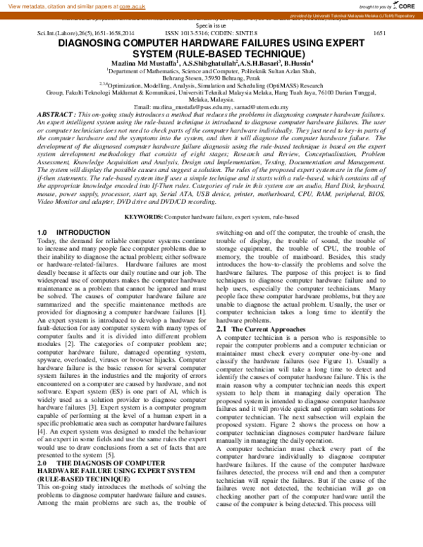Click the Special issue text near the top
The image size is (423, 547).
211,24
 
